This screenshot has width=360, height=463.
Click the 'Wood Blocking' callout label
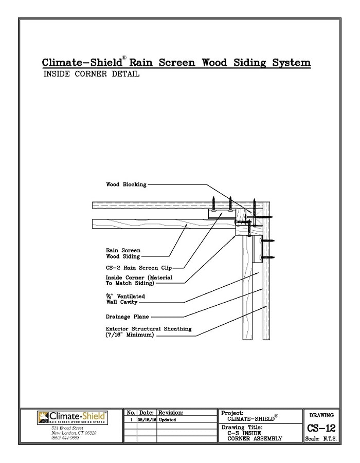coord(126,184)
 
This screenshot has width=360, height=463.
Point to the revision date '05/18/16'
coord(146,419)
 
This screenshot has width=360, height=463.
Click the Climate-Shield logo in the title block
coord(71,417)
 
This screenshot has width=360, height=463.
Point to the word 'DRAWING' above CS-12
coord(321,415)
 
